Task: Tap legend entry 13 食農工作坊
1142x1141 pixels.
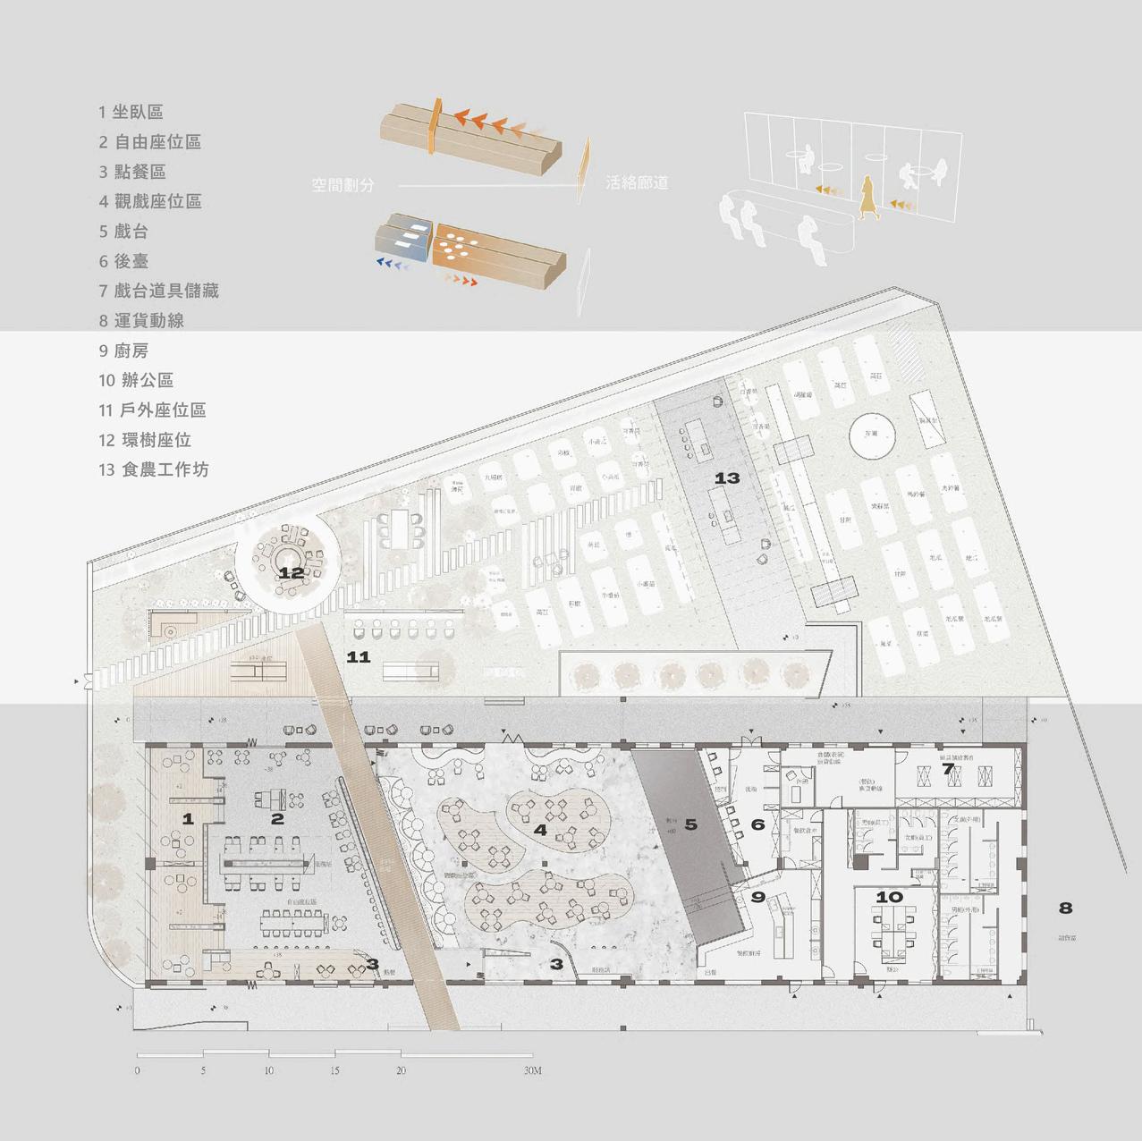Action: tap(154, 469)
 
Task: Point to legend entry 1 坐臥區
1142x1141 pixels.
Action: tap(131, 112)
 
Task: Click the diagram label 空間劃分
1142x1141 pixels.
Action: tap(343, 184)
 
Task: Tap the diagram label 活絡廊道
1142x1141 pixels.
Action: tap(637, 182)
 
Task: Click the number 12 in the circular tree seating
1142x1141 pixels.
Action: tap(291, 573)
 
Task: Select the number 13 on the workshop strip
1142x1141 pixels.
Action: tap(727, 478)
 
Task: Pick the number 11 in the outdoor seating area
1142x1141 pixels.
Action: tap(358, 657)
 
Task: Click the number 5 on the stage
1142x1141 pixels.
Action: tap(690, 824)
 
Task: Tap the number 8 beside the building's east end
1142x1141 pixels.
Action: tap(1065, 908)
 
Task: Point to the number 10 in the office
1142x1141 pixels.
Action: tap(889, 897)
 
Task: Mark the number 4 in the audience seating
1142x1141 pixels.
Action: tap(540, 830)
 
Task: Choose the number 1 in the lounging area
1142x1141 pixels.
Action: tap(188, 818)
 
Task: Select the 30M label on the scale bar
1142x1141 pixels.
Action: tap(532, 1070)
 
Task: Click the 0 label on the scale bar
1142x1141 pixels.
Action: tap(137, 1070)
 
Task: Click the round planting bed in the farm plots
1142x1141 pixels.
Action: tap(873, 435)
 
